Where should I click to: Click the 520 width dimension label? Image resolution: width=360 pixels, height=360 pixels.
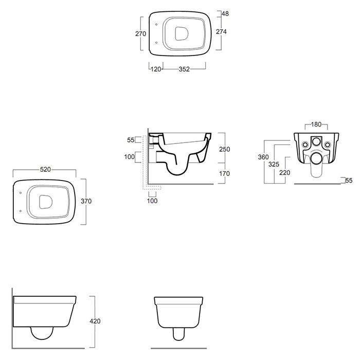coord(45,169)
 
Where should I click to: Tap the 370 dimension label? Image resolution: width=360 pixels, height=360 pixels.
coord(86,201)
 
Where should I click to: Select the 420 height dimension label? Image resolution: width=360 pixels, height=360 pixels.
coord(95,321)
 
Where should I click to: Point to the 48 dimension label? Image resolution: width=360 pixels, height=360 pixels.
coord(225,14)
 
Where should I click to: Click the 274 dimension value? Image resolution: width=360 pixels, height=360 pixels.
coord(221,32)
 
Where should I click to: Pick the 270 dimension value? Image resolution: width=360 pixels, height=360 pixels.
coord(140,34)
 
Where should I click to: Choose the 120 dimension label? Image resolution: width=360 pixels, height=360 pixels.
coord(156,69)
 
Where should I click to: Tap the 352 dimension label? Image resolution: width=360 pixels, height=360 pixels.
coord(184,69)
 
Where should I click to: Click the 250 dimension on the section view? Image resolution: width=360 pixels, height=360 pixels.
coord(225,149)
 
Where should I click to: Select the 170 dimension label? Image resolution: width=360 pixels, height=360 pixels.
coord(224,174)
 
